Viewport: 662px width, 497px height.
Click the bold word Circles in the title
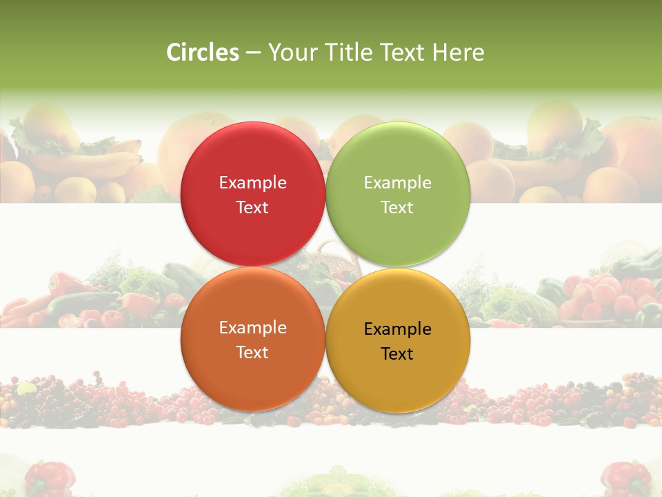203,52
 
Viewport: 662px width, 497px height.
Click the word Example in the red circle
252,183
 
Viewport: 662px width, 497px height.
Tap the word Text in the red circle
252,208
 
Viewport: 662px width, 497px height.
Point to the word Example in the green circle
398,183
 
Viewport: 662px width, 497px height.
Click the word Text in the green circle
398,208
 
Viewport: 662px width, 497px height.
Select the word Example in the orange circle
252,328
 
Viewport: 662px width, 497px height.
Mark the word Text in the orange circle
252,353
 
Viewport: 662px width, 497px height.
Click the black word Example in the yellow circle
398,329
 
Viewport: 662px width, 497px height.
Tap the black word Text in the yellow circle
398,354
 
